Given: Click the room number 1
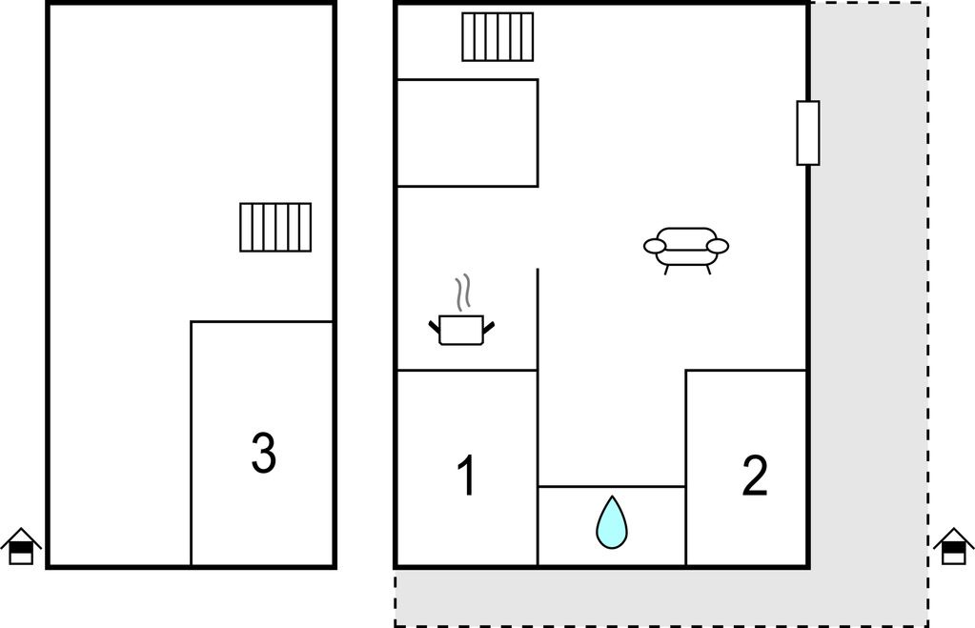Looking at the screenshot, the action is click(467, 475).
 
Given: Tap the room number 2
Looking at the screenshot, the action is click(755, 475).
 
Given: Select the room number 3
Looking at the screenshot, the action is click(263, 453).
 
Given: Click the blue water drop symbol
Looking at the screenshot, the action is click(612, 522).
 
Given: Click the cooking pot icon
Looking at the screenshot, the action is click(461, 330).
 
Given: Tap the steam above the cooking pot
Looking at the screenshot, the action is click(462, 293).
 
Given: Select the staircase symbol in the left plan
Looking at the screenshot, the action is click(275, 227).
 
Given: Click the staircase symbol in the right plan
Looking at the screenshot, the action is click(498, 36).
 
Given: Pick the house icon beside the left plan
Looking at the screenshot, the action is click(21, 546).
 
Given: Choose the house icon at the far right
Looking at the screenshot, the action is click(954, 546).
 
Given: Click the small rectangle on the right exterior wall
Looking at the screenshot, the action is click(807, 133).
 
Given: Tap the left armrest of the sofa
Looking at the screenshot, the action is click(654, 246).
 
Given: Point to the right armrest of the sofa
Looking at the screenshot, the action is click(718, 246).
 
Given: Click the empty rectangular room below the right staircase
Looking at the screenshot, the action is click(467, 133).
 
